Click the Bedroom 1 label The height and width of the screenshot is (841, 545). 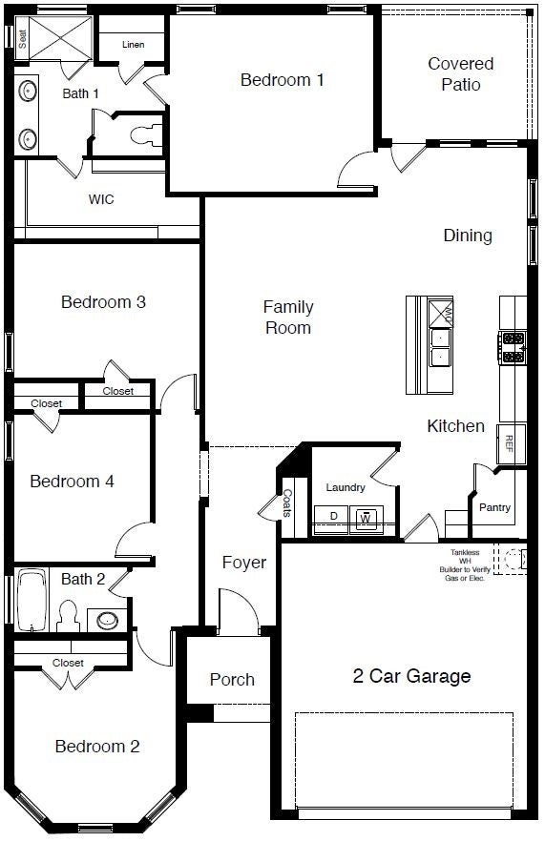pyautogui.click(x=282, y=80)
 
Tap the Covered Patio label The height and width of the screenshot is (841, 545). pyautogui.click(x=460, y=74)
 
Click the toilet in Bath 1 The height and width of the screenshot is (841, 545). pyautogui.click(x=145, y=134)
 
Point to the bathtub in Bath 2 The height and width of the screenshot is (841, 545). pyautogui.click(x=31, y=600)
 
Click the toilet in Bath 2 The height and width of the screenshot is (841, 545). pyautogui.click(x=68, y=615)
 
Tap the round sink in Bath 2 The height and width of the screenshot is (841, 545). pyautogui.click(x=109, y=619)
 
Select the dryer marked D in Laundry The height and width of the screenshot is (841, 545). pyautogui.click(x=334, y=516)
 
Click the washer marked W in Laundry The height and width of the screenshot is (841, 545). pyautogui.click(x=365, y=518)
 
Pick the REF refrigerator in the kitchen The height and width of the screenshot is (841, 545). pyautogui.click(x=509, y=442)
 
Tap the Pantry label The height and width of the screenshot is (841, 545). pyautogui.click(x=494, y=507)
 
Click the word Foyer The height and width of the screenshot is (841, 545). pyautogui.click(x=244, y=563)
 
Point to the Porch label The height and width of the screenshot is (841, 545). pyautogui.click(x=232, y=679)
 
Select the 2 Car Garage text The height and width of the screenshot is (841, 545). pyautogui.click(x=411, y=676)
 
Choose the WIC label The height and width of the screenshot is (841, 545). pyautogui.click(x=101, y=199)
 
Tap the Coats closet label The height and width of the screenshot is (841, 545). pyautogui.click(x=287, y=503)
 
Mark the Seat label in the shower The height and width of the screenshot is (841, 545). pyautogui.click(x=21, y=37)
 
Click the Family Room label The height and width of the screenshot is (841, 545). pyautogui.click(x=288, y=317)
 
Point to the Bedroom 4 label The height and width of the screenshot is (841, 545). pyautogui.click(x=73, y=482)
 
